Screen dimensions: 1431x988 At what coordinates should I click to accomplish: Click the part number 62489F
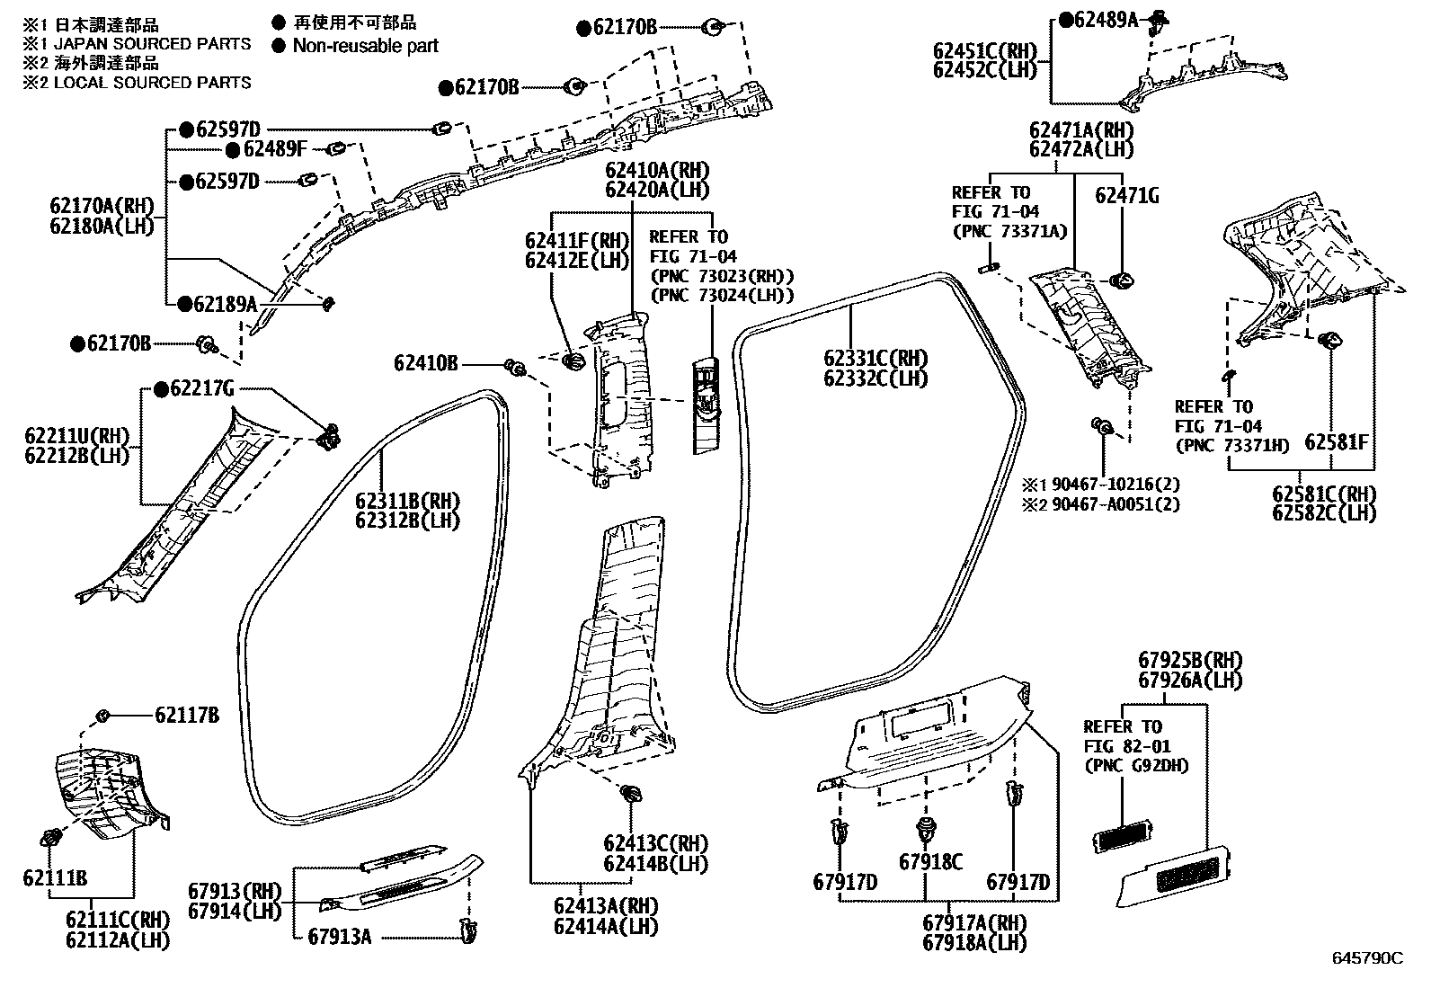tap(275, 149)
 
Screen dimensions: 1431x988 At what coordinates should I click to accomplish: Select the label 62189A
tap(226, 304)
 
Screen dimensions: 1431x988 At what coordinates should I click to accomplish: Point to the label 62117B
tap(187, 715)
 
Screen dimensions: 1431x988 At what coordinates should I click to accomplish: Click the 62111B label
tap(55, 877)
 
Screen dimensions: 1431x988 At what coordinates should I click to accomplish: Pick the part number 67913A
tap(339, 936)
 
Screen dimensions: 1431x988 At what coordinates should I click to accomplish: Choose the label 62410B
tap(425, 363)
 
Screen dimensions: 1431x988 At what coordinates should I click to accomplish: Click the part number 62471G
tap(1127, 196)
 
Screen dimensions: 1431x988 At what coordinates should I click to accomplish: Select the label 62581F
tap(1337, 441)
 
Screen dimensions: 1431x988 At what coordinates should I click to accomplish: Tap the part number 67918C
tap(931, 862)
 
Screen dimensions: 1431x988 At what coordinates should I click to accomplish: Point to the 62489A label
tap(1107, 20)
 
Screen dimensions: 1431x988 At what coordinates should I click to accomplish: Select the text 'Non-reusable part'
tap(366, 46)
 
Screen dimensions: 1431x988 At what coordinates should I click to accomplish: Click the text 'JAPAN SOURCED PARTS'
tap(153, 43)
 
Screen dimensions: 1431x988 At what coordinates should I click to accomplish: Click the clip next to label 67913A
tap(468, 930)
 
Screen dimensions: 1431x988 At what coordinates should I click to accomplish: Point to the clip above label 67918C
tap(924, 830)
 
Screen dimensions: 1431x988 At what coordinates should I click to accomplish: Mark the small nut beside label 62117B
tap(102, 715)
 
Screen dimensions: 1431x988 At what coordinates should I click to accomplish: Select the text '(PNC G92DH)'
tap(1136, 765)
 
